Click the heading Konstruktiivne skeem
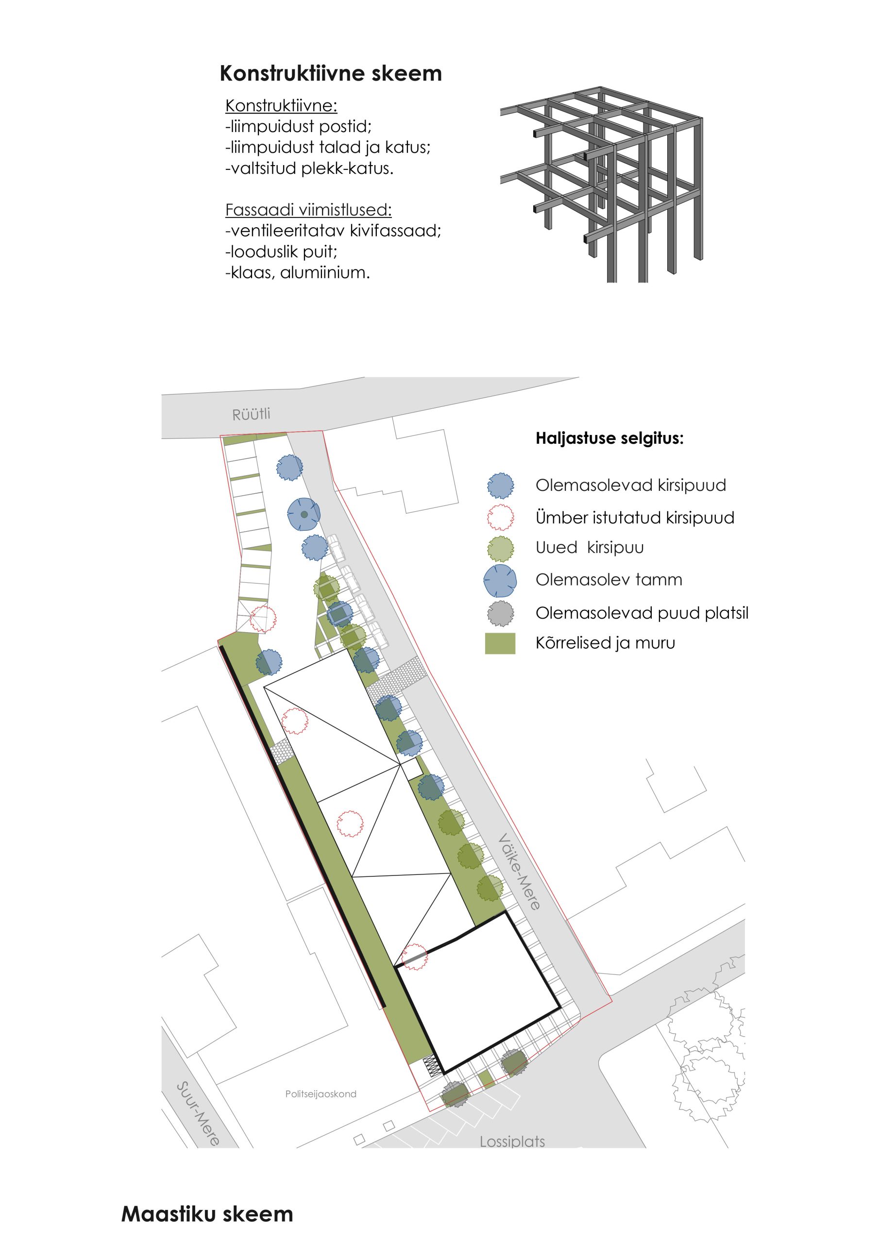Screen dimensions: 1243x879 330,73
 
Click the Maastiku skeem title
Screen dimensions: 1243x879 207,1214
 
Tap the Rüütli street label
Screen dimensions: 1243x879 251,415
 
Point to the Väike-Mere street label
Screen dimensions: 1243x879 519,871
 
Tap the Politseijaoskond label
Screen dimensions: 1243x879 321,1093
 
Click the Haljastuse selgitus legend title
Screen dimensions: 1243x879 609,438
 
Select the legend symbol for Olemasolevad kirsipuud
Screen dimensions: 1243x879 500,485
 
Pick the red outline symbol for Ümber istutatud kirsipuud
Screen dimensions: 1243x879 500,518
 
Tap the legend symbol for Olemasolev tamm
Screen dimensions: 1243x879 499,580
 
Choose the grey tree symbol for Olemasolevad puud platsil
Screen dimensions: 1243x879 500,613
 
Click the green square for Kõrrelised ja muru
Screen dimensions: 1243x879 499,643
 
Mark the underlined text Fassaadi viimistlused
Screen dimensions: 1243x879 308,209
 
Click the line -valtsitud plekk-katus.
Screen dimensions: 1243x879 309,168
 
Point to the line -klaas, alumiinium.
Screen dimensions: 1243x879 297,272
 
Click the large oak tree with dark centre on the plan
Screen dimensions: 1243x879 304,514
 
